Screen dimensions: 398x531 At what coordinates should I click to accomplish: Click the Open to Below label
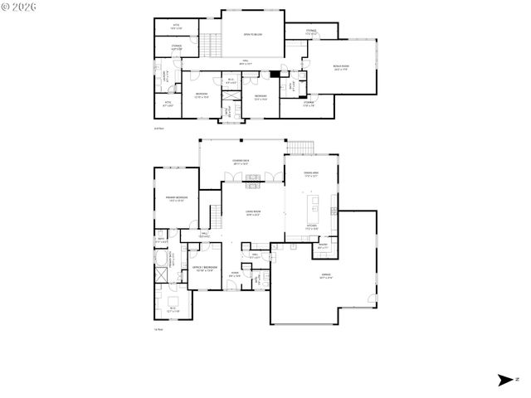[x=253, y=35]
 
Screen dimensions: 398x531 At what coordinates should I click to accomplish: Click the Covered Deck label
[x=241, y=162]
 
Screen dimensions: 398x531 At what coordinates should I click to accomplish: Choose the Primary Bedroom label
[x=176, y=198]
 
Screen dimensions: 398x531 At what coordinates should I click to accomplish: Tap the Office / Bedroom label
[x=205, y=269]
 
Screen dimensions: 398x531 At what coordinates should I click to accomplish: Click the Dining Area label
[x=312, y=174]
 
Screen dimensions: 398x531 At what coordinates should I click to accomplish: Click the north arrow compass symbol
[x=504, y=380]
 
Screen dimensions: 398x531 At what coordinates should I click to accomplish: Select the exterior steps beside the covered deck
[x=302, y=148]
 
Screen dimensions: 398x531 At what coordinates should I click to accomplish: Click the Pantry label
[x=324, y=246]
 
